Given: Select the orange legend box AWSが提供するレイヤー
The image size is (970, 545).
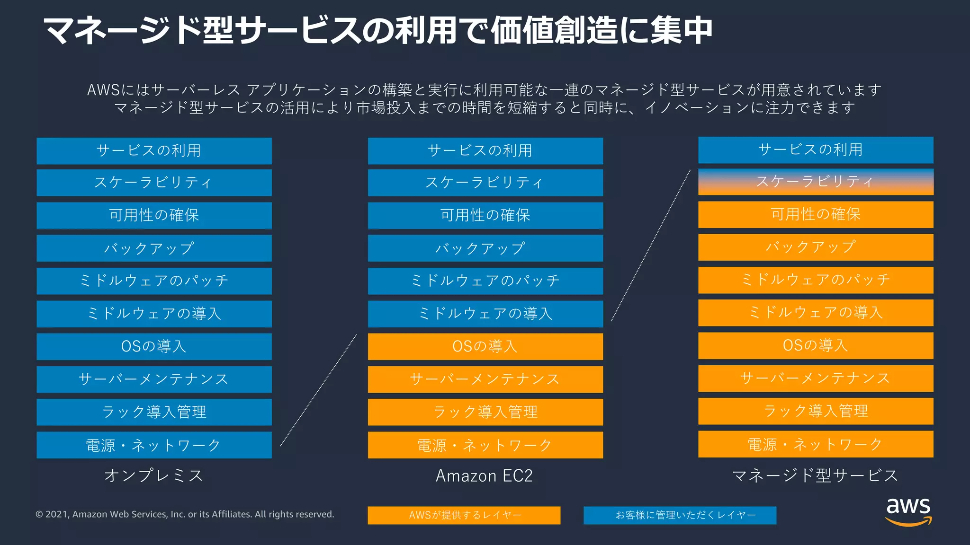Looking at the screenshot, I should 464,515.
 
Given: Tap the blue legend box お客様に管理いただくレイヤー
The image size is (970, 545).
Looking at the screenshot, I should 680,515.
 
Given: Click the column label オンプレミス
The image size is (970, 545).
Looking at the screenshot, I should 154,475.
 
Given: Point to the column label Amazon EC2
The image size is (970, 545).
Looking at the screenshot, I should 484,475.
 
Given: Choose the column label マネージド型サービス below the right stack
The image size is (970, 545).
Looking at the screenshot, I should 815,475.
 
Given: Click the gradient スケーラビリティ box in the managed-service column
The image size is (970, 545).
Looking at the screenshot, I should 816,182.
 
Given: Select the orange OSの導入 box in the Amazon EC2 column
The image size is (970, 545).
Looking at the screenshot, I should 485,346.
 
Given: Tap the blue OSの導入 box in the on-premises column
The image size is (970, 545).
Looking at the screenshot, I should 154,346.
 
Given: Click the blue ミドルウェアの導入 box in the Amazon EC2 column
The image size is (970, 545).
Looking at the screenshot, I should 485,314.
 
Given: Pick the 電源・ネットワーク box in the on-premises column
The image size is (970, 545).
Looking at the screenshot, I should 154,445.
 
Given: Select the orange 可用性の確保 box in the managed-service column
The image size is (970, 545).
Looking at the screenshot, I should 816,214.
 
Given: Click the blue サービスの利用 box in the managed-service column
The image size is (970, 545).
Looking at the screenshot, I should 816,150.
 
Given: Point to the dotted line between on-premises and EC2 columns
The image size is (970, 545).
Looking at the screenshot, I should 318,390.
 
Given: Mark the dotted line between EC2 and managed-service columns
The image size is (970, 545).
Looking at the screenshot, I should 651,245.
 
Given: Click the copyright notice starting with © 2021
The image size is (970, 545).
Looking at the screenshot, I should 185,514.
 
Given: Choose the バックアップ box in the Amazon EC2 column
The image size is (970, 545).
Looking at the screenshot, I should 485,248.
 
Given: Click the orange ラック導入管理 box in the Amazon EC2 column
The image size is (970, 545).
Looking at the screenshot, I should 485,412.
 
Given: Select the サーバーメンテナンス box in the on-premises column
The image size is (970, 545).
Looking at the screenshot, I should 154,379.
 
